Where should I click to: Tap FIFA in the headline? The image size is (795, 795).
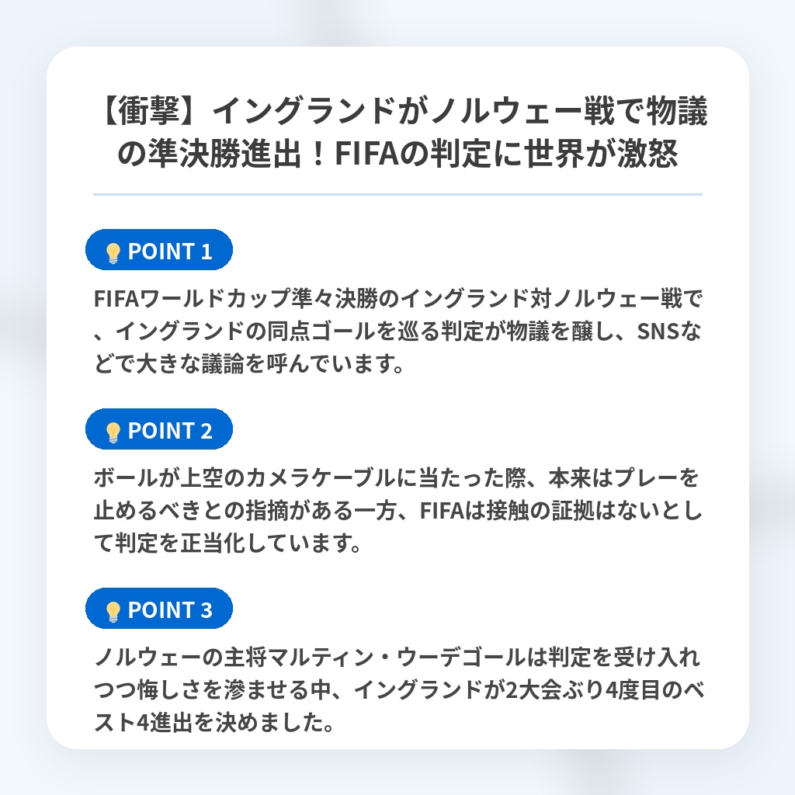click(x=367, y=154)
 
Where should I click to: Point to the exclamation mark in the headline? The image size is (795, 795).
click(x=318, y=154)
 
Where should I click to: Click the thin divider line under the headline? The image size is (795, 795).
click(x=397, y=194)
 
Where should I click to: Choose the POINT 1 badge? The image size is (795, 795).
click(x=158, y=250)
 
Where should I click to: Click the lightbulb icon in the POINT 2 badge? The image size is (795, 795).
click(x=113, y=432)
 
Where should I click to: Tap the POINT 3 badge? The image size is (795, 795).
click(x=158, y=609)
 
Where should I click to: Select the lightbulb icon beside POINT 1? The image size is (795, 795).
click(x=113, y=253)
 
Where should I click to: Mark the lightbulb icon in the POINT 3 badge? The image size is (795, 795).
click(x=113, y=612)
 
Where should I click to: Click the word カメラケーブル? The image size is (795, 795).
click(x=321, y=478)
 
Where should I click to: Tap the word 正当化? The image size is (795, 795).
click(x=213, y=543)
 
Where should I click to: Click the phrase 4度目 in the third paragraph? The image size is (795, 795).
click(x=634, y=690)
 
